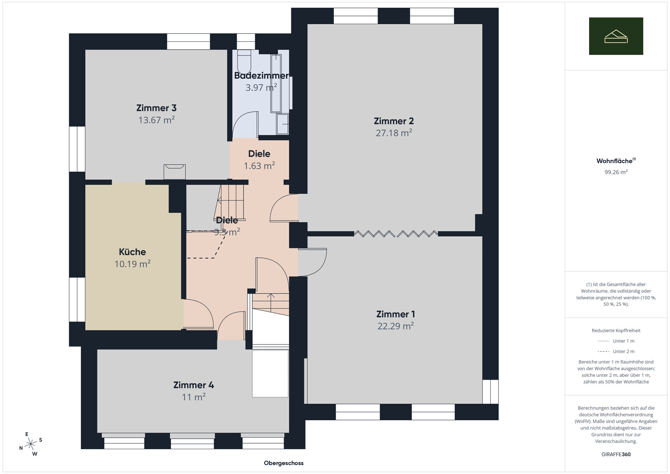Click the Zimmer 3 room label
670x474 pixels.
[156, 108]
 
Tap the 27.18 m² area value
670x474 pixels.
[394, 133]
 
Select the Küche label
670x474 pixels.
[132, 252]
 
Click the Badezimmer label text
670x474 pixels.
[261, 75]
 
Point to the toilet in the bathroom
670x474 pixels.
[244, 61]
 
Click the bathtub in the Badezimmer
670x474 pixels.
[276, 83]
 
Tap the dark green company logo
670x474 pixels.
[616, 36]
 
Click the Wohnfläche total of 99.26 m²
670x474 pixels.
[616, 172]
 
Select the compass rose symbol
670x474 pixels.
[31, 444]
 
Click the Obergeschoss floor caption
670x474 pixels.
[284, 463]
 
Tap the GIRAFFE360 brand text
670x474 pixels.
[616, 454]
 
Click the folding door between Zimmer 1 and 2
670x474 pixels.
[396, 234]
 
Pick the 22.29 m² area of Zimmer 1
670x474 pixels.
[396, 326]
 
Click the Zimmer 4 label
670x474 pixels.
[194, 385]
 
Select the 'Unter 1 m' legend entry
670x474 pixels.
[616, 341]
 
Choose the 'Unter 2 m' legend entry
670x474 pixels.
[616, 351]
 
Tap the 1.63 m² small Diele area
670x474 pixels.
[259, 166]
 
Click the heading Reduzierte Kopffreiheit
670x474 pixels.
[616, 331]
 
